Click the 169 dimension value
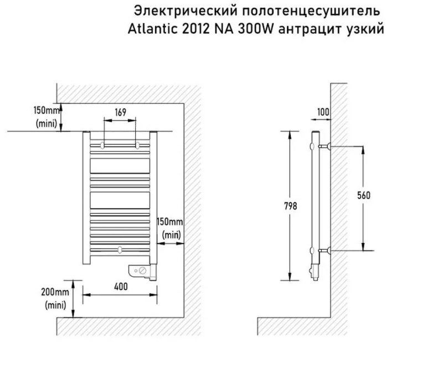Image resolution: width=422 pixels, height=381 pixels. point(120,112)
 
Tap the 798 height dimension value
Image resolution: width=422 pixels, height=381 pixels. point(290,206)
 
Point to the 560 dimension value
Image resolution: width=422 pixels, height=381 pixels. point(363,195)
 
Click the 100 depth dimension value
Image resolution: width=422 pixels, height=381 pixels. point(323,112)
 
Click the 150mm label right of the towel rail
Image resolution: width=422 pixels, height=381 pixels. point(171,222)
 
